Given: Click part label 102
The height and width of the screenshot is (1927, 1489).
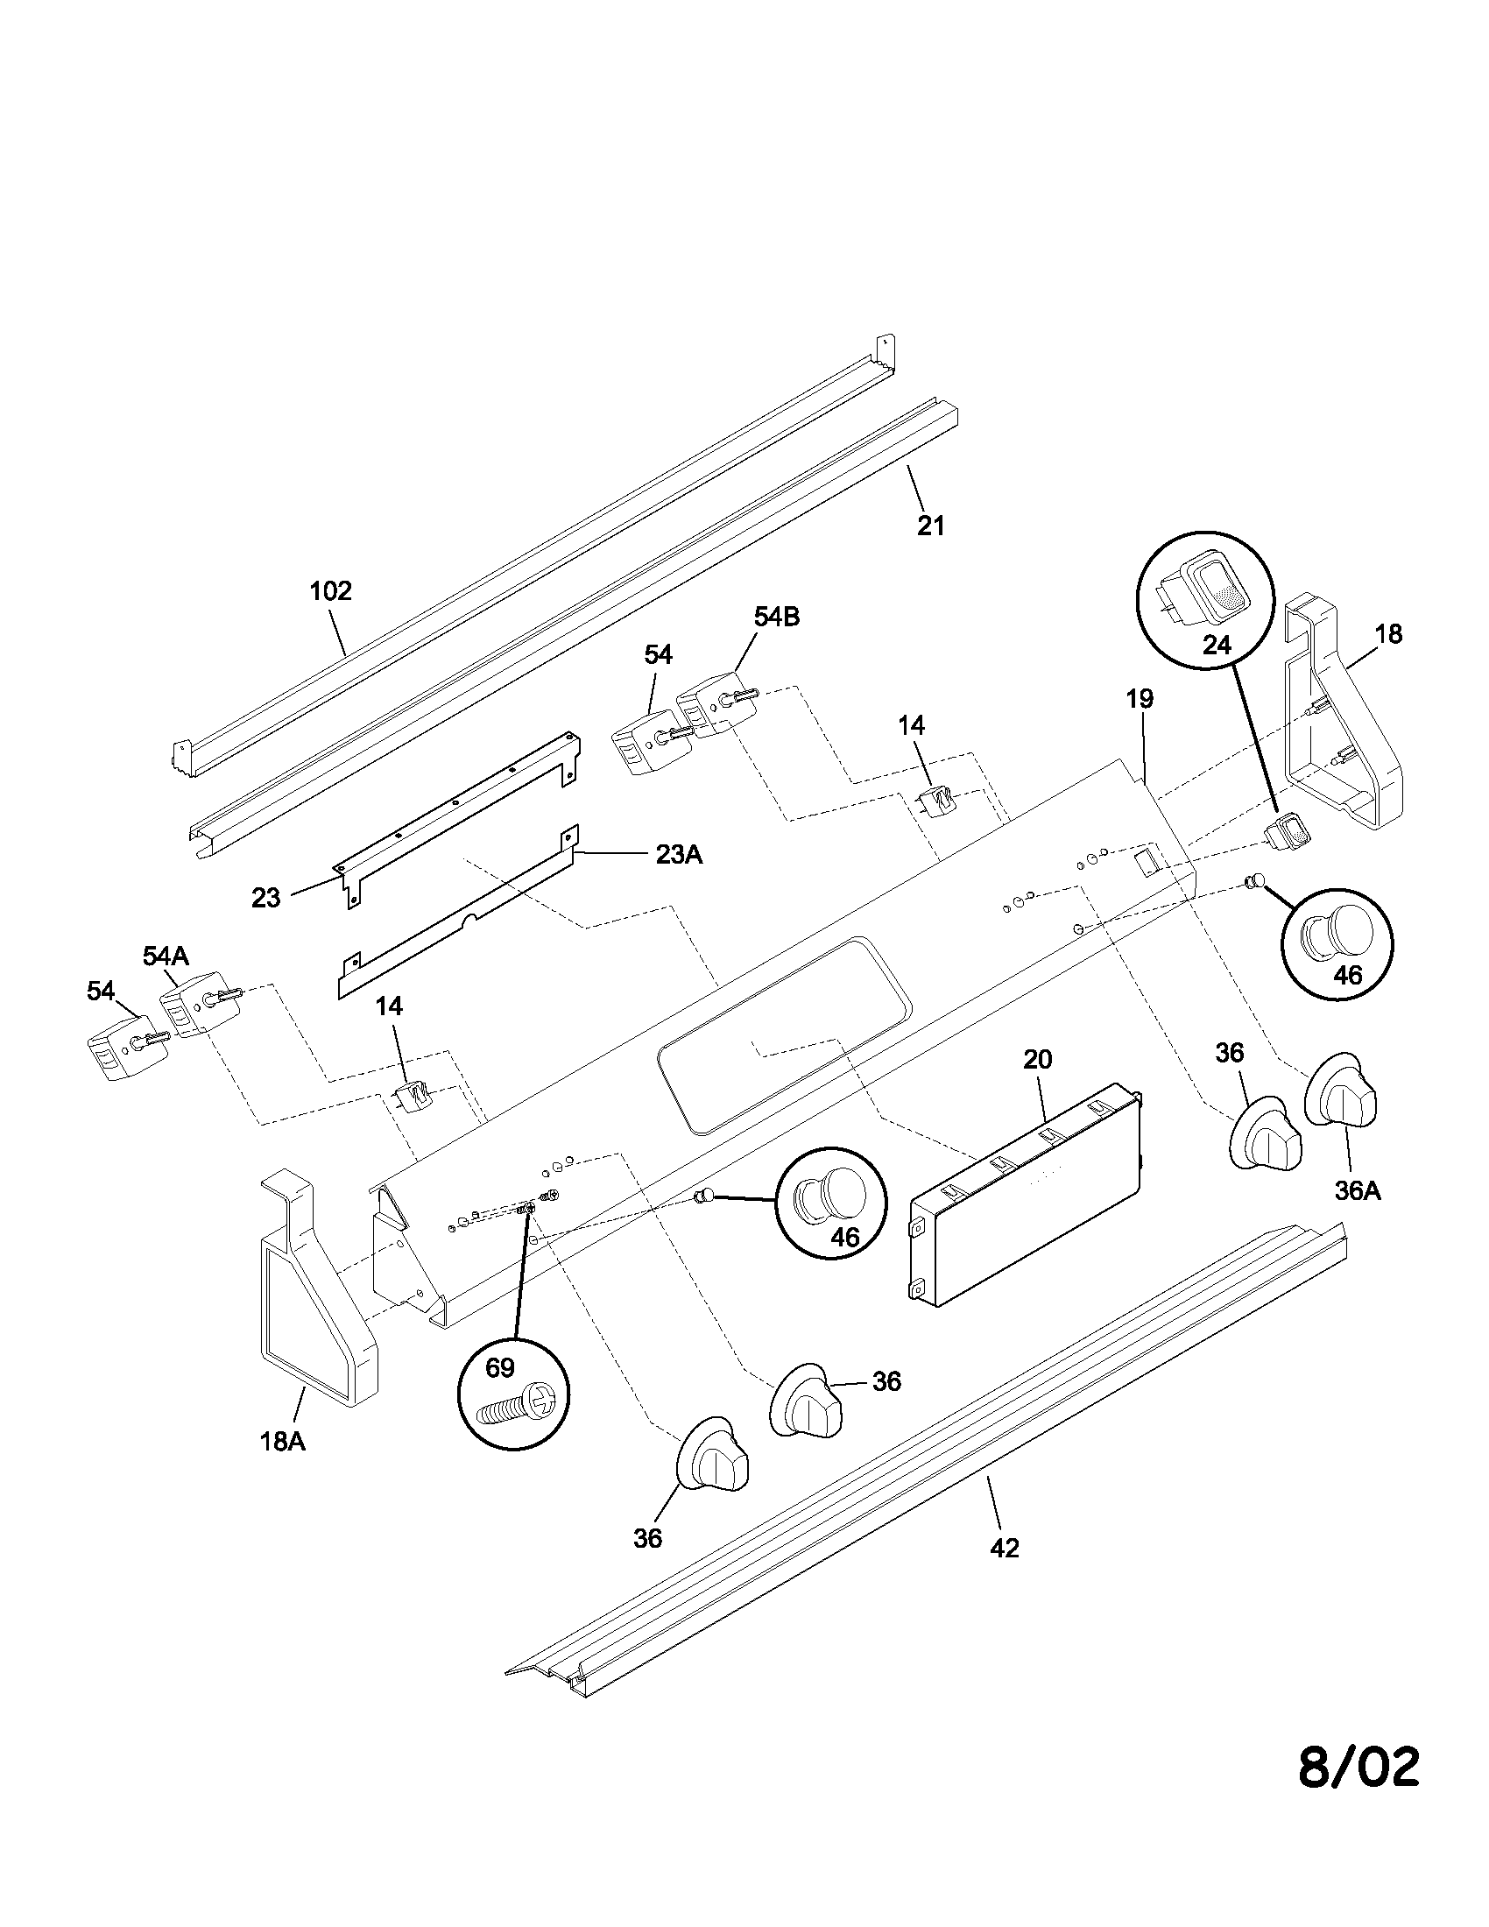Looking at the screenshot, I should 331,590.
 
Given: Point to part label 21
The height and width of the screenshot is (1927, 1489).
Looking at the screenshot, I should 930,526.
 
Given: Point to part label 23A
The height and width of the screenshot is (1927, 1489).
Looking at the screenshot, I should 678,855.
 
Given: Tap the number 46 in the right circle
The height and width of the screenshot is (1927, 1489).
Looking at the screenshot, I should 1348,975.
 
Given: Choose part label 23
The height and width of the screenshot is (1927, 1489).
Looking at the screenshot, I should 265,898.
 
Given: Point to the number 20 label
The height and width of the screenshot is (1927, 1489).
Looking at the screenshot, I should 1037,1059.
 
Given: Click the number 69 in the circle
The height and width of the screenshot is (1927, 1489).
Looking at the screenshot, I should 499,1367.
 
